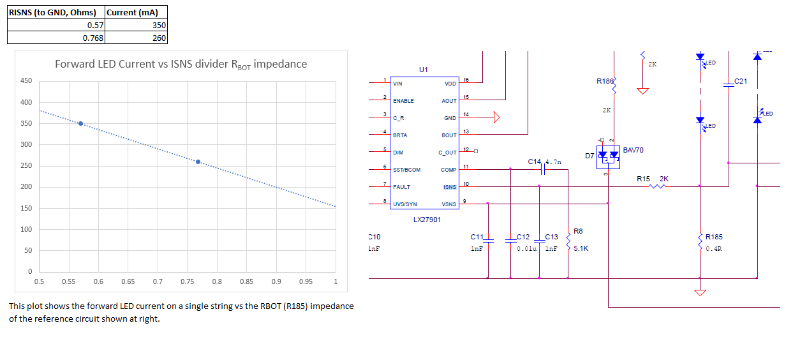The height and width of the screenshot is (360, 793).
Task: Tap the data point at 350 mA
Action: [x=80, y=123]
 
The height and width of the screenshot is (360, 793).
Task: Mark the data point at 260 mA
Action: [x=198, y=161]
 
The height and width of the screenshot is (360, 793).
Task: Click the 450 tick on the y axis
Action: [x=26, y=80]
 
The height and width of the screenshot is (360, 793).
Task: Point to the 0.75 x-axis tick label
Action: [x=187, y=281]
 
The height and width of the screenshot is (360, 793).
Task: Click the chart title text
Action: [x=181, y=64]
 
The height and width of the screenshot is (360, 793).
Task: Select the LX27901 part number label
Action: [x=427, y=220]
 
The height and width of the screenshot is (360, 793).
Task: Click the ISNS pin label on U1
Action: [x=450, y=187]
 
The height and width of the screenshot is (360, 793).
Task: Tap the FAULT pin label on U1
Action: [x=401, y=187]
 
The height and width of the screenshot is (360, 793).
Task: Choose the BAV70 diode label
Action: [x=633, y=150]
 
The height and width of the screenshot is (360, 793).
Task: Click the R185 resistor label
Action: [x=714, y=237]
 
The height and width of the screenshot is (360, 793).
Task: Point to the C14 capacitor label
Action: [x=534, y=161]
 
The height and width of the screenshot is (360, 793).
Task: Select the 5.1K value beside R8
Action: [x=581, y=248]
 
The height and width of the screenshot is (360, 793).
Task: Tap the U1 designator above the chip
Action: [x=424, y=69]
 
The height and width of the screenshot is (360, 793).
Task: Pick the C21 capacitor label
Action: [x=741, y=81]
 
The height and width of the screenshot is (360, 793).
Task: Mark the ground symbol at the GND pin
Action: [x=496, y=117]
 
